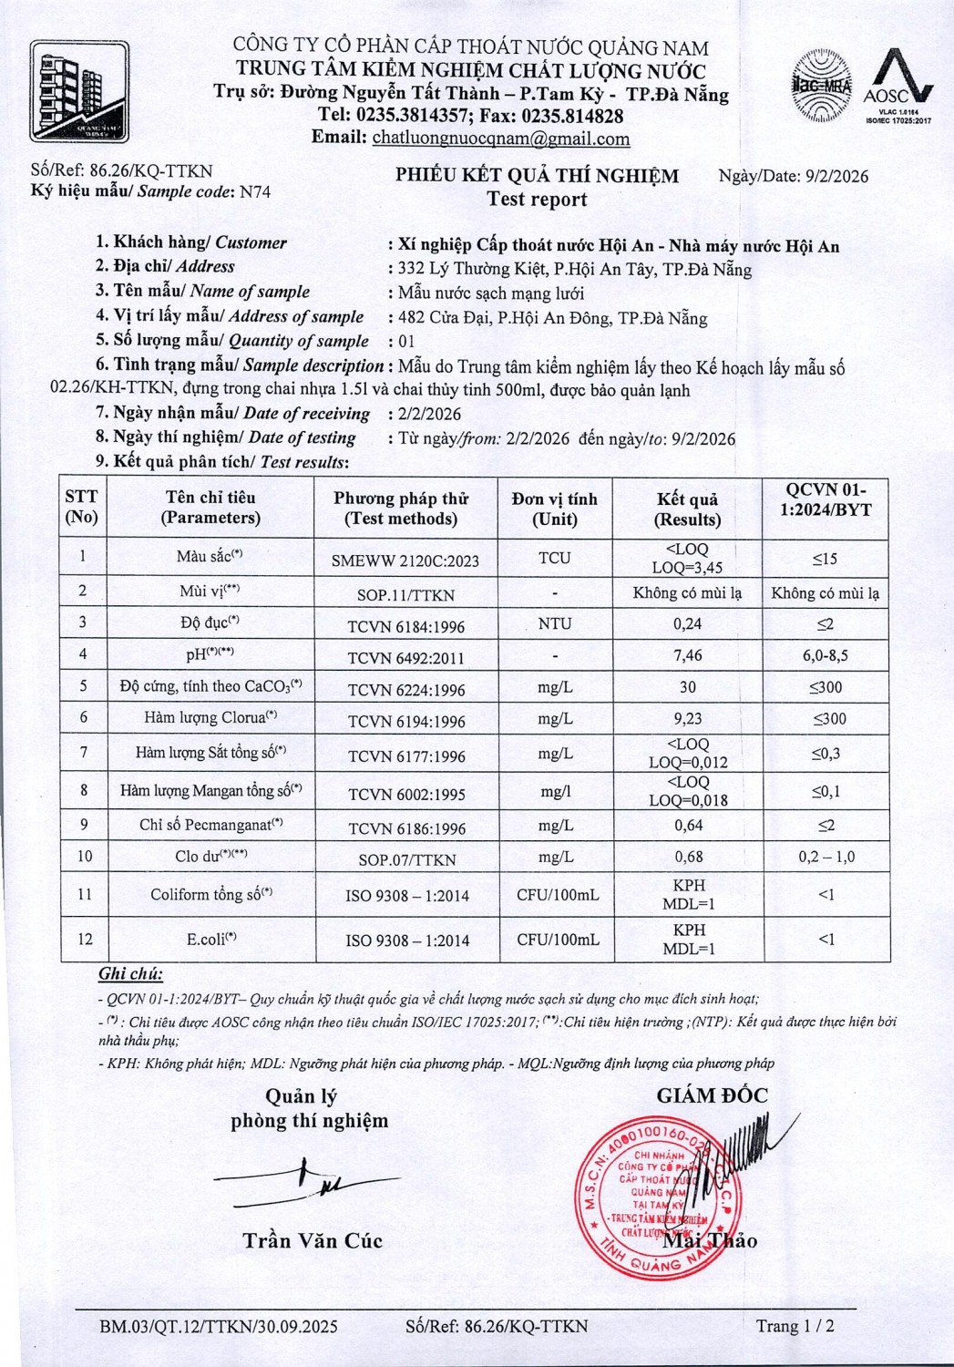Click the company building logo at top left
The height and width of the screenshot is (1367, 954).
click(x=79, y=91)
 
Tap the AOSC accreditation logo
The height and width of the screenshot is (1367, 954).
click(x=898, y=86)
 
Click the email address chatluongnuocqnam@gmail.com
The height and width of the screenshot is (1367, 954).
click(x=501, y=139)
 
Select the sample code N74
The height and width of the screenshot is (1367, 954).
click(x=254, y=191)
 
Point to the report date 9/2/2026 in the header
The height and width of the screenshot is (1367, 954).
click(x=836, y=177)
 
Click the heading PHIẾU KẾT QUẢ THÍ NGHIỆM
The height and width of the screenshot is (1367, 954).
click(x=537, y=176)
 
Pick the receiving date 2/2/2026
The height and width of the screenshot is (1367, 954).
click(x=429, y=414)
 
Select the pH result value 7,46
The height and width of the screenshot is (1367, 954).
click(x=688, y=655)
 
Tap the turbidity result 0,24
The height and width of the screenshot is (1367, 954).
click(x=688, y=624)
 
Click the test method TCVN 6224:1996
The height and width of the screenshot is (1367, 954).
click(x=406, y=690)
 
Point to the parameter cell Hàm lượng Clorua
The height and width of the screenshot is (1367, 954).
click(x=210, y=718)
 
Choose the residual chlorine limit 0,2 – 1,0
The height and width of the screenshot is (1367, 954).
click(x=826, y=857)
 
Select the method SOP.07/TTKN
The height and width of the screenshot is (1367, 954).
click(x=406, y=859)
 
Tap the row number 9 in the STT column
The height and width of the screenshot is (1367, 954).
click(x=84, y=825)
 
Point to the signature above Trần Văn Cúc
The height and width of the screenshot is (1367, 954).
click(x=301, y=1181)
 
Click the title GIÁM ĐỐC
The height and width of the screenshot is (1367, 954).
click(x=712, y=1095)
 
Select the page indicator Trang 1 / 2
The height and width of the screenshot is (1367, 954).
click(x=795, y=1326)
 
